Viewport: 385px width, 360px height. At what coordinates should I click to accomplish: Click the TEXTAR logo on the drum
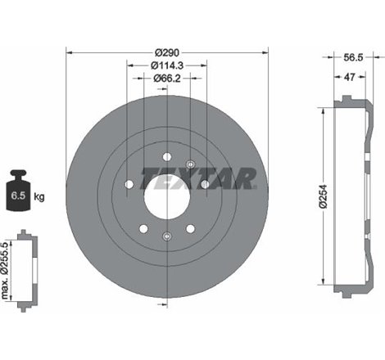[199, 177]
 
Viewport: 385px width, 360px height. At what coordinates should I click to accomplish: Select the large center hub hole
[166, 197]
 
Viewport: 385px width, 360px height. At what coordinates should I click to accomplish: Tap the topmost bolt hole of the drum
[166, 156]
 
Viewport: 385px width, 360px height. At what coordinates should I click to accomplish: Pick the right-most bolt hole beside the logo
[204, 184]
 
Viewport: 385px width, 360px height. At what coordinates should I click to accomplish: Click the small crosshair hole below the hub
[166, 237]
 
